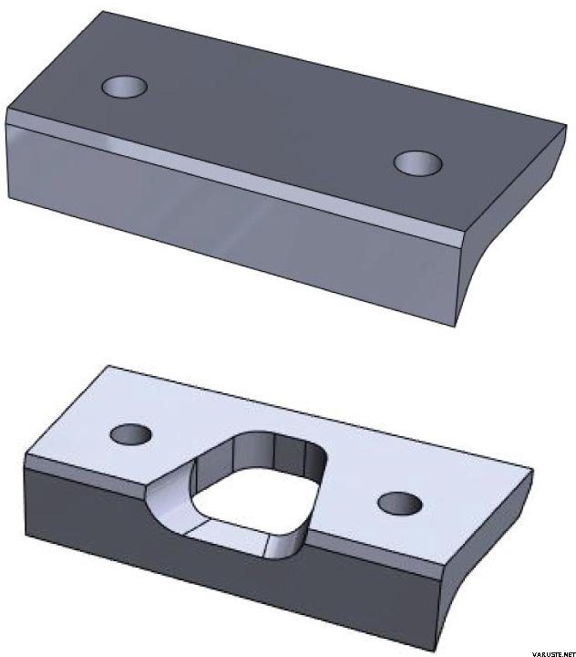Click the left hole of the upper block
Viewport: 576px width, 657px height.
[124, 87]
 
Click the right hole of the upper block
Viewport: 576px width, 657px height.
[418, 162]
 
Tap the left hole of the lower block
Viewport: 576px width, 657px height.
[131, 433]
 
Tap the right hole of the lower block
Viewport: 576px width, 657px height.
[400, 504]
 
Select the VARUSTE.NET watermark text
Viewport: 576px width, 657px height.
[553, 653]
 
